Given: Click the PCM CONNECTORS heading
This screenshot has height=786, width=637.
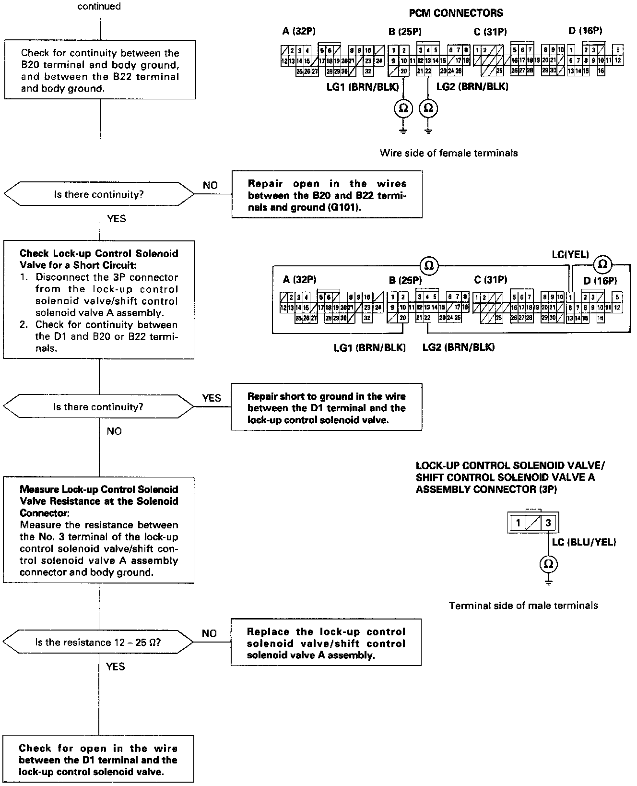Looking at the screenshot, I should coord(456,13).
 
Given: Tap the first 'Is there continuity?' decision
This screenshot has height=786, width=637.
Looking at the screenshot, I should coord(99,195).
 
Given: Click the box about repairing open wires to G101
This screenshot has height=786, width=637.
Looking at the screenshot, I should coord(327,195).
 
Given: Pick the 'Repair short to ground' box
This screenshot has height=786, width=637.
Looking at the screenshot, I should coord(327,408).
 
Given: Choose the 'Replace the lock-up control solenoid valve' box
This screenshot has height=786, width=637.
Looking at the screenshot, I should coord(326,643).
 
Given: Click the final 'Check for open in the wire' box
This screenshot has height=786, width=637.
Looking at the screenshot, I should coord(98,760).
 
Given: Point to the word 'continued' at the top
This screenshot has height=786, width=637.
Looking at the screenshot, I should coord(99,7).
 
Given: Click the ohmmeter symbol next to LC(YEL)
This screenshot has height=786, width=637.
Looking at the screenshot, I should coord(603,264).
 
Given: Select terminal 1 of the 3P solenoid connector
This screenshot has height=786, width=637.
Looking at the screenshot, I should coord(519,523).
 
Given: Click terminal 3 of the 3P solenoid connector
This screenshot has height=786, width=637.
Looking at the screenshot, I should coord(548,523).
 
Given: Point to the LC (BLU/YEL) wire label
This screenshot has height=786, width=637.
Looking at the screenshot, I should coord(584,542).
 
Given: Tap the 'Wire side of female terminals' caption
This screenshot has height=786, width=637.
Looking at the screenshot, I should coord(448,153).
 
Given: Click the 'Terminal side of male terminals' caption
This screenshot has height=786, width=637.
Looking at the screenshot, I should coord(523,606).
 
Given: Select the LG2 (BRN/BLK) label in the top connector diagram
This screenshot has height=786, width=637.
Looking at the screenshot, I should coord(472,87).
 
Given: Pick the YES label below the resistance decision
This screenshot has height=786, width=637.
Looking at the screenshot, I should coord(115,667).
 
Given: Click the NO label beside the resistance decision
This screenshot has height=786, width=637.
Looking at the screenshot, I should coord(209,633).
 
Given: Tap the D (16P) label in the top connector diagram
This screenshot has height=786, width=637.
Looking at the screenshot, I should coord(585,31).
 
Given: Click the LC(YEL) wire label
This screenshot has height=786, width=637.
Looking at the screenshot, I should coord(570,255).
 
